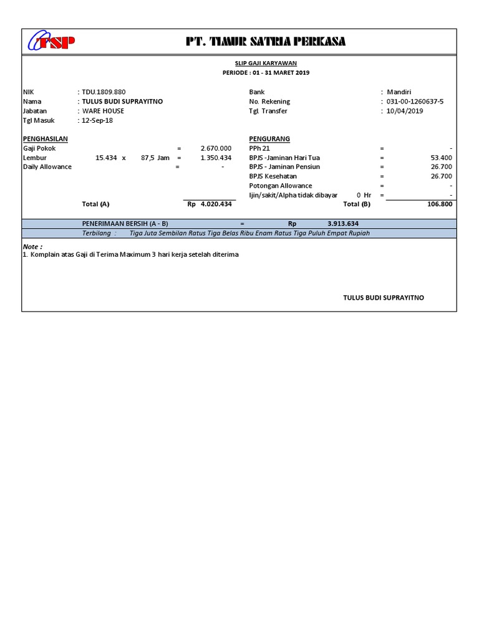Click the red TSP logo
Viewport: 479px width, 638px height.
[x=52, y=42]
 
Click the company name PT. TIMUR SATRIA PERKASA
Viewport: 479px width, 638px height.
[x=266, y=42]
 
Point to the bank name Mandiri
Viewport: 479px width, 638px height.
[x=399, y=92]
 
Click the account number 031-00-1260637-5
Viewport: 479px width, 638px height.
[x=415, y=102]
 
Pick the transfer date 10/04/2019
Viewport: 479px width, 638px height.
[x=405, y=111]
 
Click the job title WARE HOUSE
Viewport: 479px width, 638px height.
[x=103, y=111]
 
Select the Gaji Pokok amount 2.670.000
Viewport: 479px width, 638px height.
[x=216, y=148]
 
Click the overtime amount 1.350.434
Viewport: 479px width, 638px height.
[x=216, y=158]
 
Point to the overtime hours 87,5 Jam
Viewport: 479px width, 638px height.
[x=155, y=158]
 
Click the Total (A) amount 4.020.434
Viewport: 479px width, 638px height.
[x=216, y=204]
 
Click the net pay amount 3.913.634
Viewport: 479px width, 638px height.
[x=343, y=224]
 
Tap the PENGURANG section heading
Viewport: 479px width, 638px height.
[x=269, y=138]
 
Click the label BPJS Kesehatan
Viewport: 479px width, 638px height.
[x=273, y=176]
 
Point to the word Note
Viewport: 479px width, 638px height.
[x=32, y=247]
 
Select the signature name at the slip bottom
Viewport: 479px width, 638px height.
[x=384, y=298]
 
